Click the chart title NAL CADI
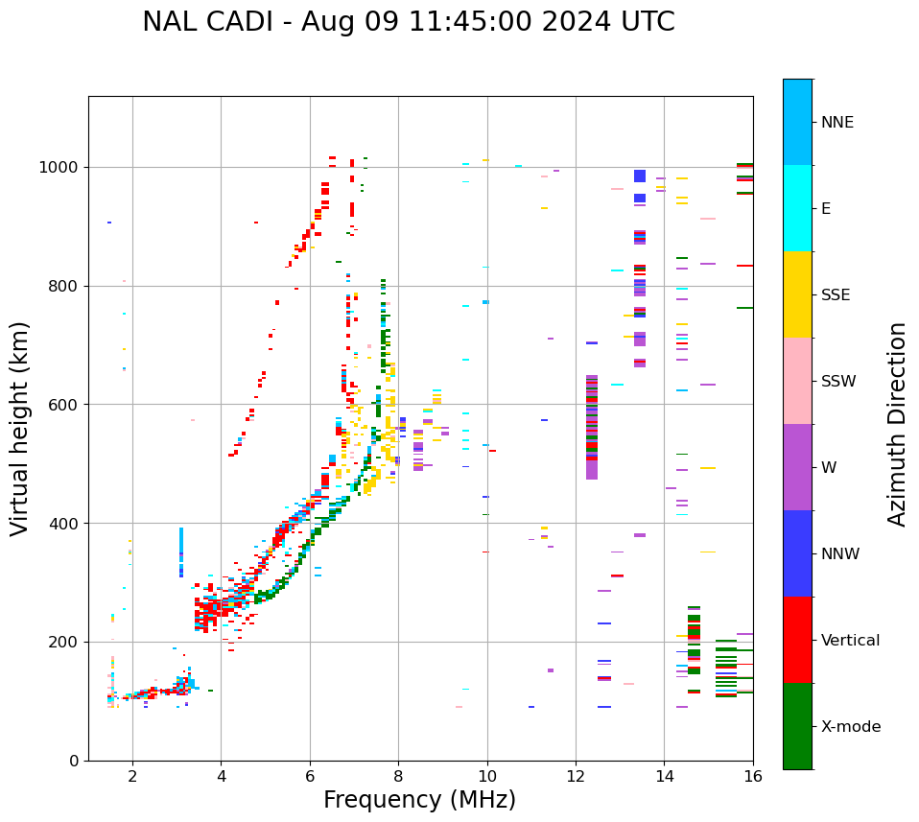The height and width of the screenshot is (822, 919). click(408, 22)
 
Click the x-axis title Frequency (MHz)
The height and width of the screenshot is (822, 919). click(419, 800)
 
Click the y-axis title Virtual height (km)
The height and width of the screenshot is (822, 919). click(20, 429)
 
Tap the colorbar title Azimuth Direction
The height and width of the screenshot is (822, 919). click(897, 424)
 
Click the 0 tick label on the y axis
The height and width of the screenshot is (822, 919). click(75, 761)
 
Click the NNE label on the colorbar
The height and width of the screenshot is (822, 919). click(837, 123)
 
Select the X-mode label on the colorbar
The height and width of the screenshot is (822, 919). click(851, 727)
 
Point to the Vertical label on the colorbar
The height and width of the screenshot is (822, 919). click(851, 641)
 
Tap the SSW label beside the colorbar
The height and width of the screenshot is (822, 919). click(838, 382)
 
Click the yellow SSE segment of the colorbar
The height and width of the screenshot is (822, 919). click(797, 294)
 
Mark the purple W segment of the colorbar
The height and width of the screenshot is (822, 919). click(797, 467)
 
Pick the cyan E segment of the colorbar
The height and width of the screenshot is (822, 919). click(797, 208)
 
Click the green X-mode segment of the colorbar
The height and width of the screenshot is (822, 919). click(797, 726)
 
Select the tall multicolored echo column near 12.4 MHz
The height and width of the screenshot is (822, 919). click(592, 427)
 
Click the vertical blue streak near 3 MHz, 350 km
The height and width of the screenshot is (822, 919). click(181, 552)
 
